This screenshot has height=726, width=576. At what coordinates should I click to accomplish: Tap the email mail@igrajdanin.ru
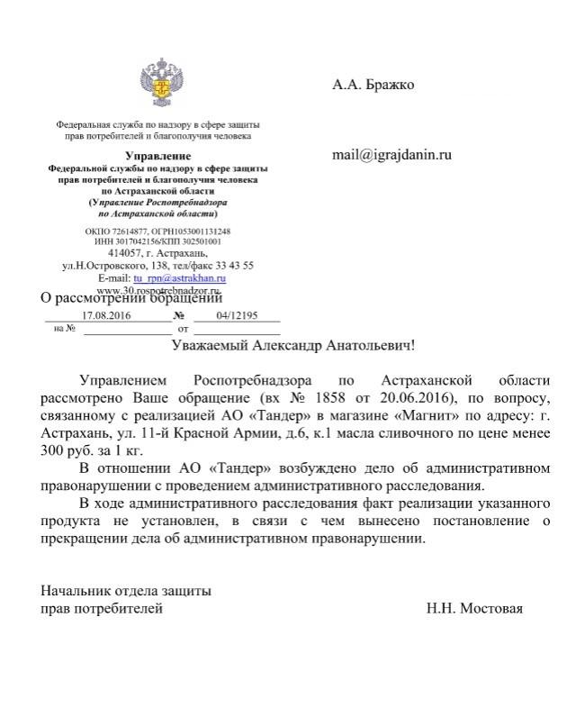(x=391, y=154)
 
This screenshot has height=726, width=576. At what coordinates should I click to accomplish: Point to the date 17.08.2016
(x=106, y=316)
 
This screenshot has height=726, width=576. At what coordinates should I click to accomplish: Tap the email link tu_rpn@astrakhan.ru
(x=180, y=278)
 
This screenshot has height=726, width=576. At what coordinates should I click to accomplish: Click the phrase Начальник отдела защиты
(x=127, y=592)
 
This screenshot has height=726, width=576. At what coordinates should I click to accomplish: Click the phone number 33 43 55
(x=237, y=266)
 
